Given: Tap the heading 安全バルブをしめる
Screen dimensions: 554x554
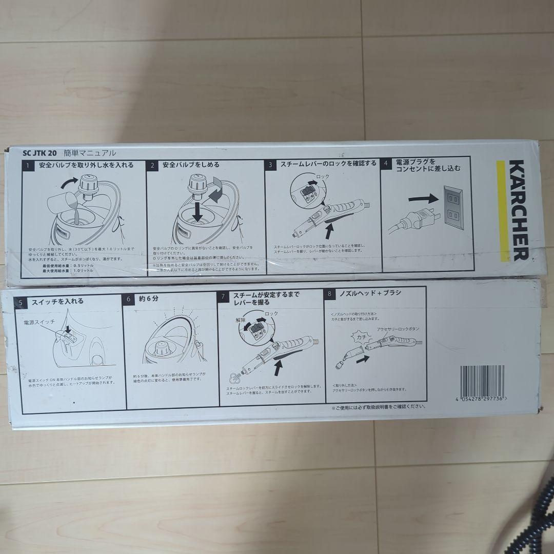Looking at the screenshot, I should point(191,165).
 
